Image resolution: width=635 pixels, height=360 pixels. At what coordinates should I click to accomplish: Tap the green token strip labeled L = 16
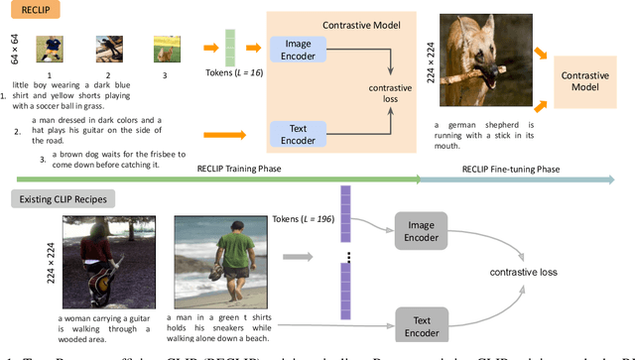coord(230,49)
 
